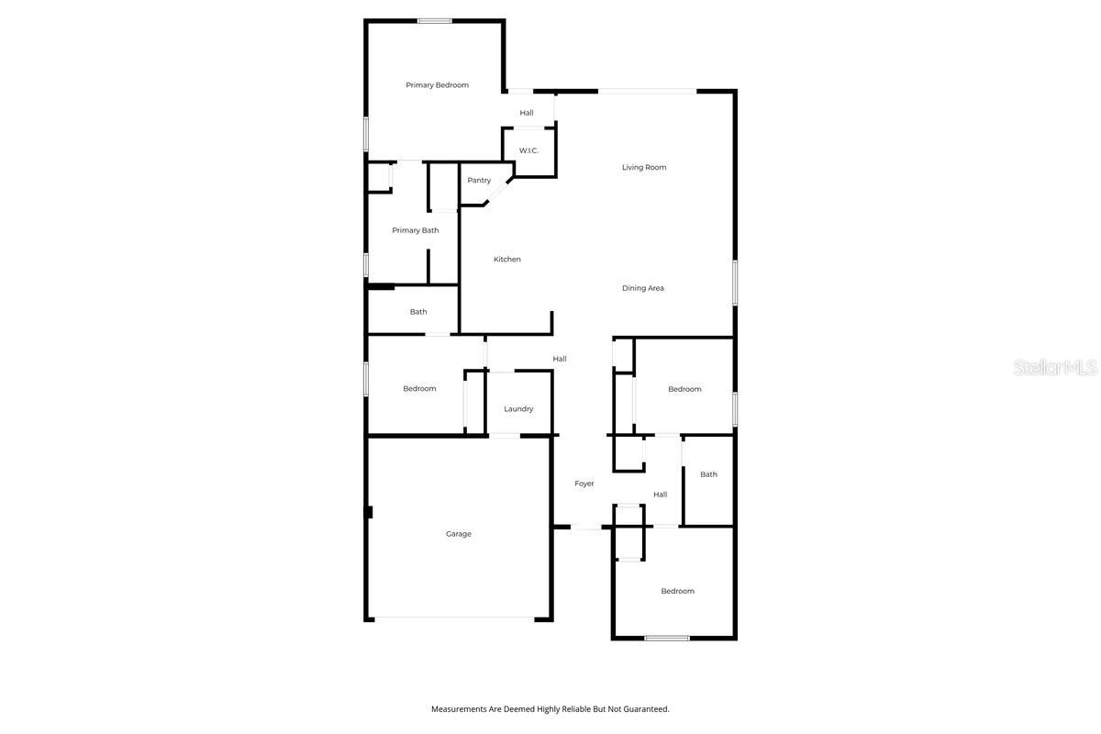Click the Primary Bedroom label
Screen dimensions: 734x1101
[437, 85]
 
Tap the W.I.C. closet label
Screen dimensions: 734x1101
[528, 150]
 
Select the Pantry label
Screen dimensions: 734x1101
[479, 181]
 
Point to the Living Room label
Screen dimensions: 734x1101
[644, 167]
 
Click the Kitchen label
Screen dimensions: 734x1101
[507, 260]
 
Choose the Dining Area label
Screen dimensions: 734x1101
[643, 288]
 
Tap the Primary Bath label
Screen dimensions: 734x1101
[416, 230]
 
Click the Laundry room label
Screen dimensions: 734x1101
[518, 409]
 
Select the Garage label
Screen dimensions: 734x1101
[459, 534]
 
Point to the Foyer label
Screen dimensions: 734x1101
[584, 484]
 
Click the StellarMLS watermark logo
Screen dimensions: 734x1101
[1055, 368]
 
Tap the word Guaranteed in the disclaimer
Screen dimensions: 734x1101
[648, 709]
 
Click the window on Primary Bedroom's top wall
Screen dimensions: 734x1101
[434, 21]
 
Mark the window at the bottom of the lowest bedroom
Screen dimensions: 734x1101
[667, 638]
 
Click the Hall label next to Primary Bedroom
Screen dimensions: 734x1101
[527, 113]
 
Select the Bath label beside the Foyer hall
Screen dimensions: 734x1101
[708, 474]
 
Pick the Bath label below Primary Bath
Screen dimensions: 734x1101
[418, 312]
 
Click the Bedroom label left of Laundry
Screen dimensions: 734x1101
[419, 389]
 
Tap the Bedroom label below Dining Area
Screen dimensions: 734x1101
[684, 389]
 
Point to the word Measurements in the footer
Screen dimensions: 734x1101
[458, 709]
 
